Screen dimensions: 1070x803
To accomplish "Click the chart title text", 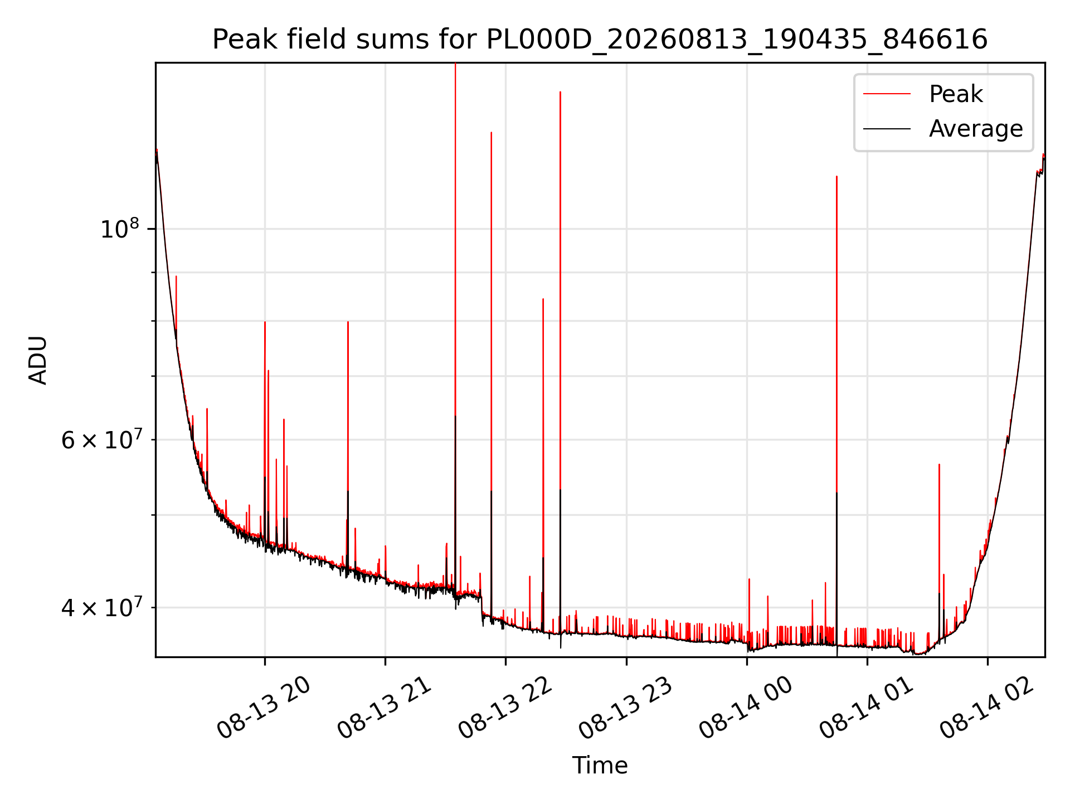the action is tap(600, 40).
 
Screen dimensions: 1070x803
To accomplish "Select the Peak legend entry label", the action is tap(956, 94).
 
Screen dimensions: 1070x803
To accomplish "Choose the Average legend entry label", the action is tap(976, 129).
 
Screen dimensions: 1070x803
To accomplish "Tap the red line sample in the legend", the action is tap(887, 94).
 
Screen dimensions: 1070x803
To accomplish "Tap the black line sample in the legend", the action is tap(887, 129).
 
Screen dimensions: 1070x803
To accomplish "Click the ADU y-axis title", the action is tap(38, 360).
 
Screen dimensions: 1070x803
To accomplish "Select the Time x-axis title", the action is tap(600, 766).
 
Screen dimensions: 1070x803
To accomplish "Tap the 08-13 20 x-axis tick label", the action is tap(264, 707).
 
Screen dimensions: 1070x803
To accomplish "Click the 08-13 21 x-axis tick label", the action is tap(385, 707).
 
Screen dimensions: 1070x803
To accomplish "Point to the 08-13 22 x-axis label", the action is tap(505, 707).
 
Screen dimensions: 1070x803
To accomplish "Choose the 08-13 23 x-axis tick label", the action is tap(625, 707).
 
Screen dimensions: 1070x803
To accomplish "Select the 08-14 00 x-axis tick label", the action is tap(746, 707).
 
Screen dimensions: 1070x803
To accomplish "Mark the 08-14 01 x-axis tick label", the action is tap(866, 707).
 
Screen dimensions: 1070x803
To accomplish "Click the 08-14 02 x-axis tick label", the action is tap(987, 707).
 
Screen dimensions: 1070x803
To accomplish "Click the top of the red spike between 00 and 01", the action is tap(836, 177).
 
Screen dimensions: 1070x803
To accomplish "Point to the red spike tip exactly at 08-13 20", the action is tap(265, 322).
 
